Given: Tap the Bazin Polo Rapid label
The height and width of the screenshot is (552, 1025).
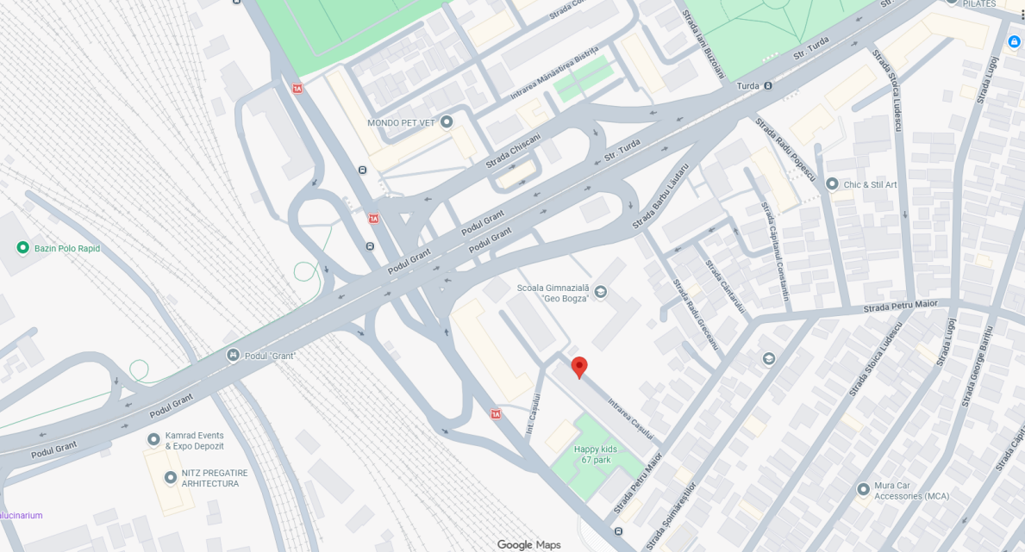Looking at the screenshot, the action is coord(67,249).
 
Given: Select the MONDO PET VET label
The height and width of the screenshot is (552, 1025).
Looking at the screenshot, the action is coord(401,123).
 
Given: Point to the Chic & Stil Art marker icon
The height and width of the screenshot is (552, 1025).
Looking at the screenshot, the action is coord(832,183).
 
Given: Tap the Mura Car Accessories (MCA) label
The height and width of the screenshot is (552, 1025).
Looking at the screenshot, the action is coord(911,491).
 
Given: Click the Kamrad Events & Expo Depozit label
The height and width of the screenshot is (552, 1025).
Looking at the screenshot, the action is coord(194,441).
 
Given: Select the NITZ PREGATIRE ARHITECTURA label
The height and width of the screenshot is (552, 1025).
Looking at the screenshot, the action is coord(214,478).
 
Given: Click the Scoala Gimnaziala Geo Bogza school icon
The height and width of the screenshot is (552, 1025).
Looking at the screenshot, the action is coord(601,292).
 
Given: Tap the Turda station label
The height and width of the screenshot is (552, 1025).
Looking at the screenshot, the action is coord(748,86).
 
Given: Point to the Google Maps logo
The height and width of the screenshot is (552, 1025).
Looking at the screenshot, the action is coord(528,544).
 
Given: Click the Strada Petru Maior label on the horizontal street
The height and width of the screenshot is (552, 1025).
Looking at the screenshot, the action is coord(900,306).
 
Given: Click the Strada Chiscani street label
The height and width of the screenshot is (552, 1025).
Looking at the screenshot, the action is coord(512,150).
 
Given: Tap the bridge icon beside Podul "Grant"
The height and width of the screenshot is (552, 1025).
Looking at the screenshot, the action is coord(233,355).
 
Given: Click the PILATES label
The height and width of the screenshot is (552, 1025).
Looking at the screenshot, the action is coord(979,3).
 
